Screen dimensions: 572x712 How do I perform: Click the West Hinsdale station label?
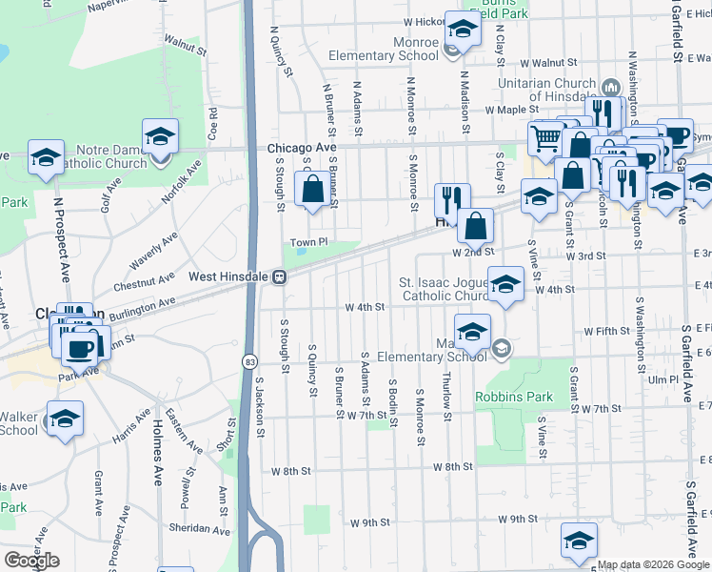pyautogui.click(x=228, y=276)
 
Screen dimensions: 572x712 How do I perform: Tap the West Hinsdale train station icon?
pyautogui.click(x=281, y=277)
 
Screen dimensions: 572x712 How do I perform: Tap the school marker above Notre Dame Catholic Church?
pyautogui.click(x=160, y=138)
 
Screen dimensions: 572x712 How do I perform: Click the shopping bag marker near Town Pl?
pyautogui.click(x=312, y=190)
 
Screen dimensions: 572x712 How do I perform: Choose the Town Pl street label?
pyautogui.click(x=308, y=243)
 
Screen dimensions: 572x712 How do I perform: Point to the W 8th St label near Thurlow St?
pyautogui.click(x=452, y=466)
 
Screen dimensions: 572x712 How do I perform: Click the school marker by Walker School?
pyautogui.click(x=65, y=419)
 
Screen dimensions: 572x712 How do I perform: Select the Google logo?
pyautogui.click(x=31, y=561)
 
